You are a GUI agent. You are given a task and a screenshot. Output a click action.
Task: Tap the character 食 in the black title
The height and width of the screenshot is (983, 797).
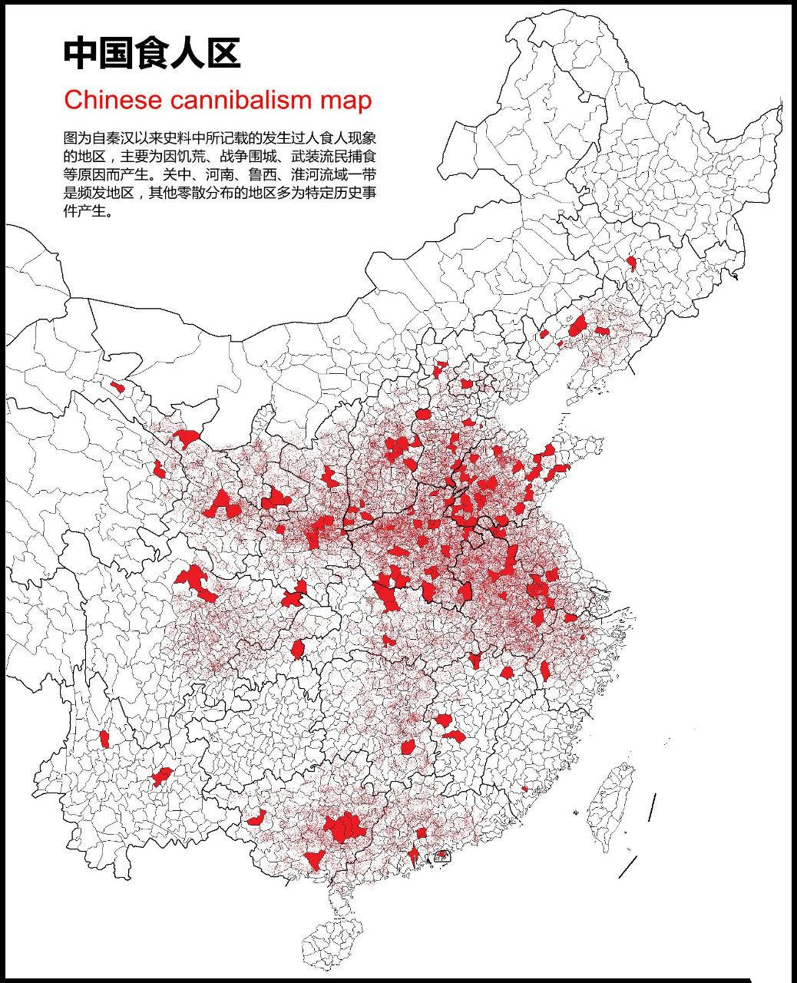152,54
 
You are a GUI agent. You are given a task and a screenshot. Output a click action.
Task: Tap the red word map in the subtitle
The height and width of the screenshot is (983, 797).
346,100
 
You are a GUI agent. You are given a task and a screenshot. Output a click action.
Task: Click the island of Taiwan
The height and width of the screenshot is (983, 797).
614,806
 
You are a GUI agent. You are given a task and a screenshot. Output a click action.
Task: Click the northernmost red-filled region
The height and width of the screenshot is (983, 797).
631,263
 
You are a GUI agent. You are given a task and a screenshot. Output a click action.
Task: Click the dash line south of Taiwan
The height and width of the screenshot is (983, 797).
628,867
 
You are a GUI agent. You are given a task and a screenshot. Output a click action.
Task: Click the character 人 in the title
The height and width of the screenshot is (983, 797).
188,54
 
